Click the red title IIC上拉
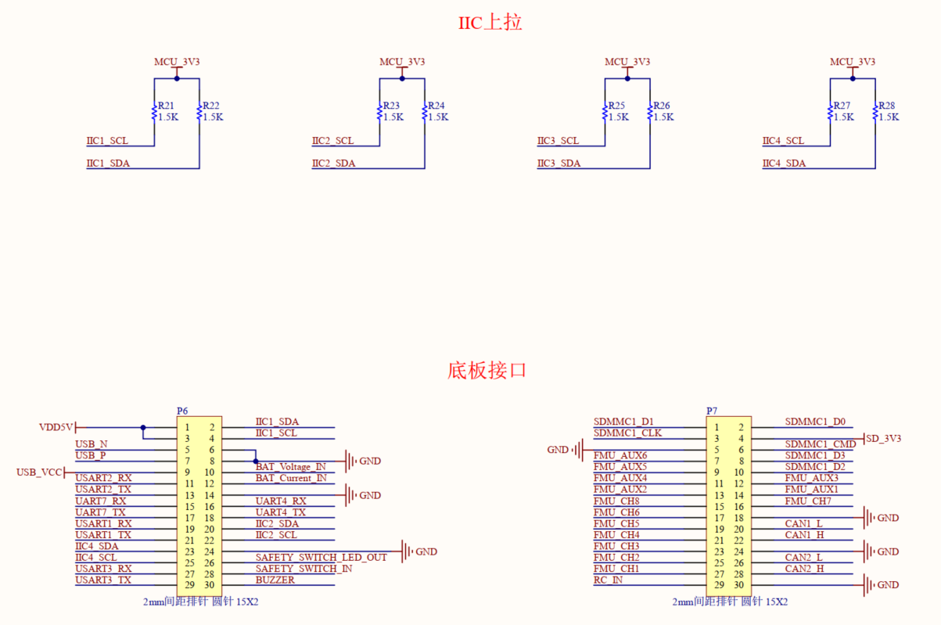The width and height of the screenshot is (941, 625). click(x=490, y=23)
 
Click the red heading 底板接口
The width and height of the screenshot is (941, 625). click(x=487, y=370)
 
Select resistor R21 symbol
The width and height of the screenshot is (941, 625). click(x=154, y=113)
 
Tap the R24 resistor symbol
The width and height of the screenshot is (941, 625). click(x=425, y=113)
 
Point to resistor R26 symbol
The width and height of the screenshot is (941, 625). click(x=649, y=113)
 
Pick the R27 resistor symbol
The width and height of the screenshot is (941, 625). click(x=830, y=113)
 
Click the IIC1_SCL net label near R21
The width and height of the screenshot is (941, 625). click(x=107, y=141)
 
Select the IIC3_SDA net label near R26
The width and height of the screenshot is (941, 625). click(x=558, y=163)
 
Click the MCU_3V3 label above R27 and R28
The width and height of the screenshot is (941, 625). click(x=852, y=62)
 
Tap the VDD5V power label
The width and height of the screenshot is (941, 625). click(x=56, y=427)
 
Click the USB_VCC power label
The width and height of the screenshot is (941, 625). click(x=39, y=472)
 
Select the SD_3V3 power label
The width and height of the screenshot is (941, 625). click(x=883, y=438)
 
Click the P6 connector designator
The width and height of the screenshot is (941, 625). click(x=182, y=411)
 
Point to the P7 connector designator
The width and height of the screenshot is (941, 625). click(x=712, y=411)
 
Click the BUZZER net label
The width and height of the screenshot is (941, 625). click(x=275, y=580)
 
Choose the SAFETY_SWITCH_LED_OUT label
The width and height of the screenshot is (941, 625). click(x=321, y=558)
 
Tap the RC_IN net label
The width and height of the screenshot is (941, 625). click(x=608, y=580)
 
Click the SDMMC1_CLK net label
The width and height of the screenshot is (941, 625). click(x=627, y=433)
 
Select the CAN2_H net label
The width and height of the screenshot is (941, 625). click(x=804, y=569)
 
